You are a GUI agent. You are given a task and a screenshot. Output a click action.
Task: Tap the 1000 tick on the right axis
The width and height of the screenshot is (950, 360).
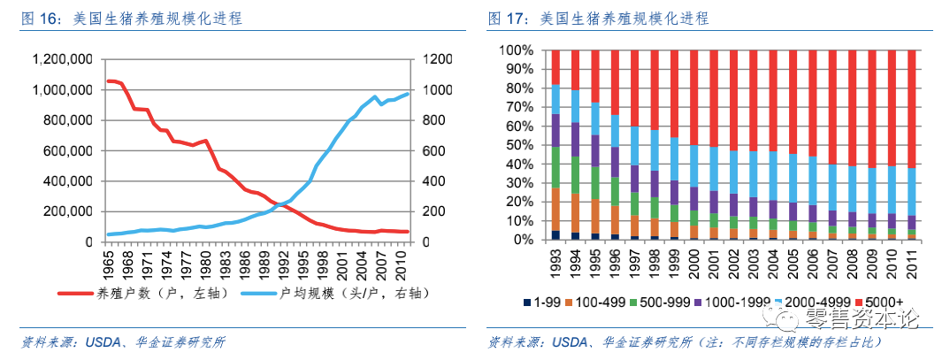[x=441, y=90]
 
